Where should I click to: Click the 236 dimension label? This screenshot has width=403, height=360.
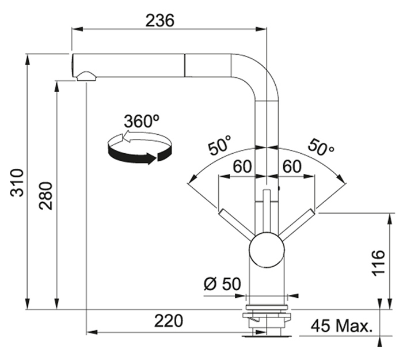159,20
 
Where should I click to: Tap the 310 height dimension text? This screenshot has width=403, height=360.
17,183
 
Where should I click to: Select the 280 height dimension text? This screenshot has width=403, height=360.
45,196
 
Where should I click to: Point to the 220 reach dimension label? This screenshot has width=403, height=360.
169,321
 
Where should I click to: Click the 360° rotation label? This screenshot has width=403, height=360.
142,121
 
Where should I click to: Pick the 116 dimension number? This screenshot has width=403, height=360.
379,263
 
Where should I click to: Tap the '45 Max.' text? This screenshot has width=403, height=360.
341,326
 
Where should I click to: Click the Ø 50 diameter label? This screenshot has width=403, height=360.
223,284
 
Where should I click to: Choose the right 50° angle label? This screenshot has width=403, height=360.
321,147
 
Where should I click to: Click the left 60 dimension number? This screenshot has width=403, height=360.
242,166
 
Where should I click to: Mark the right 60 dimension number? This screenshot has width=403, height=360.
292,166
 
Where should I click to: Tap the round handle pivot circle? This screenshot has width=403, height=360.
267,250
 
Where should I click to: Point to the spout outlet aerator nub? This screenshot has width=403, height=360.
86,77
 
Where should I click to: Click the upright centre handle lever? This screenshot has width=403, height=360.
267,211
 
